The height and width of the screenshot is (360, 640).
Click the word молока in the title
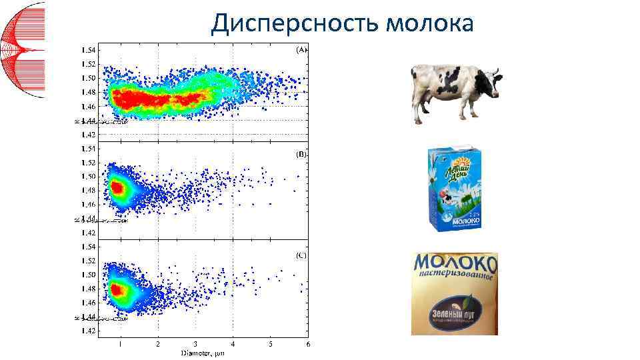(x=430, y=23)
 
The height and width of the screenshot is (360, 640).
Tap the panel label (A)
(x=301, y=49)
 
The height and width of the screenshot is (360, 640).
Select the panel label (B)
(x=301, y=153)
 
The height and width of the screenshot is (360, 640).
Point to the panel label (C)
(x=301, y=256)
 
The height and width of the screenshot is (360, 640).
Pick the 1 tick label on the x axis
(x=120, y=344)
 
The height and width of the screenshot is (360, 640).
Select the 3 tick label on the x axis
(x=195, y=344)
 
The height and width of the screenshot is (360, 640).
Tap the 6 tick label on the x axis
(x=307, y=344)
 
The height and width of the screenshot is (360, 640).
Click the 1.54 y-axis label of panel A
(x=88, y=50)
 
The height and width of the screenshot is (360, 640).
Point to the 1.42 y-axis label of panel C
(x=88, y=331)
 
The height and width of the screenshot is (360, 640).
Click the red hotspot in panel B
(x=117, y=188)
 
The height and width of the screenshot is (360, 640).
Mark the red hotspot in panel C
(x=117, y=290)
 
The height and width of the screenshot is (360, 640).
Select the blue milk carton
(x=453, y=189)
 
